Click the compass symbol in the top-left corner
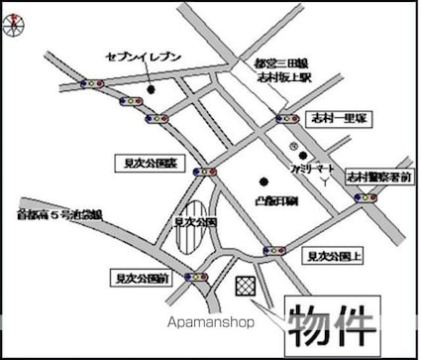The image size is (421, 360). pyautogui.click(x=13, y=26)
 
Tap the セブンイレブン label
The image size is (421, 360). pyautogui.click(x=143, y=57)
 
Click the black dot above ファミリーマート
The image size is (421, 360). pyautogui.click(x=306, y=154)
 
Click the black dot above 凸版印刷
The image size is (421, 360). pyautogui.click(x=263, y=180)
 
